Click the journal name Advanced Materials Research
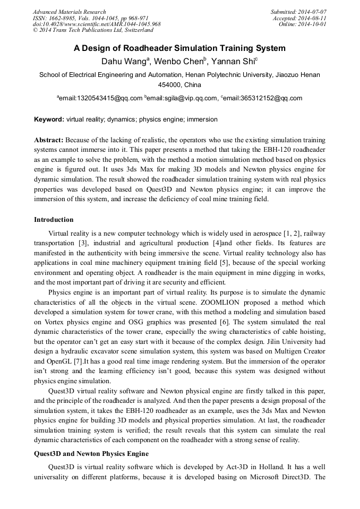pos(69,12)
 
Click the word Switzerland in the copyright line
pos(133,30)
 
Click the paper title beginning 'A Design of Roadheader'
pos(179,48)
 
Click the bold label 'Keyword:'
pos(49,119)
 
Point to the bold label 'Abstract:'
pos(49,140)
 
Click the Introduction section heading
pos(54,219)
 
